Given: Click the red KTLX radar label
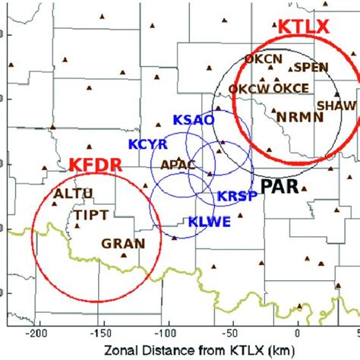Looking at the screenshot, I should pyautogui.click(x=304, y=27).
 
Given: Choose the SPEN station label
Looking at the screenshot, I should pyautogui.click(x=311, y=67).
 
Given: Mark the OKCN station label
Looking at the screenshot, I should pyautogui.click(x=263, y=58).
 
